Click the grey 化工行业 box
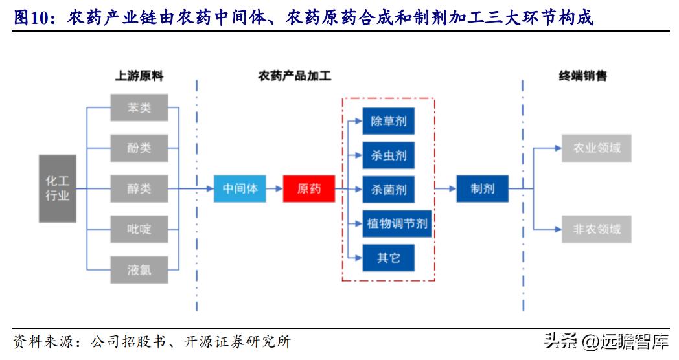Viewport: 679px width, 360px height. coord(57,188)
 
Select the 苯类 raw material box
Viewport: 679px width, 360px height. coord(139,107)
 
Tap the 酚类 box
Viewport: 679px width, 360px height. coord(139,148)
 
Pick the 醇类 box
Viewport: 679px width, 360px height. coord(139,188)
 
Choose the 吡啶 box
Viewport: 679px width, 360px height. coord(139,229)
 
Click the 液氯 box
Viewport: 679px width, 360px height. coord(139,269)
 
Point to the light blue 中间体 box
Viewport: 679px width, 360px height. coord(240,188)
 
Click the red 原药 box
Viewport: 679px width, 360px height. coord(308,188)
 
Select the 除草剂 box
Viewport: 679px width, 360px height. coord(388,121)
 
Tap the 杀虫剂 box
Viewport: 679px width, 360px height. coord(388,155)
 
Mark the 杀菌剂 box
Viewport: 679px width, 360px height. coord(388,189)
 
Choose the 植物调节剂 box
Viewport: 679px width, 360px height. coord(397,223)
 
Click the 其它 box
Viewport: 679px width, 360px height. coord(388,258)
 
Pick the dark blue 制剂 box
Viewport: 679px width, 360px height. coord(482,188)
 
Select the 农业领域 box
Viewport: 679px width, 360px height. coord(596,148)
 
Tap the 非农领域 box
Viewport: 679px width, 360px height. coord(596,229)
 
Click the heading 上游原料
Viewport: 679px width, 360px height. coord(139,76)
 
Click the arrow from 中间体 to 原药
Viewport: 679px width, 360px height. coord(274,188)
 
